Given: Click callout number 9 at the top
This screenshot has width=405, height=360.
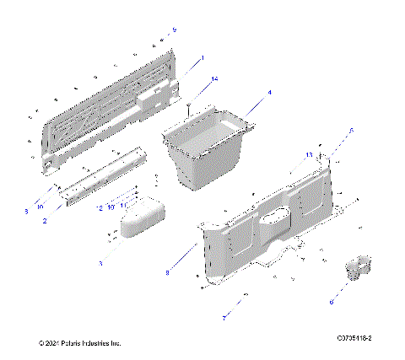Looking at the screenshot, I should [174, 30].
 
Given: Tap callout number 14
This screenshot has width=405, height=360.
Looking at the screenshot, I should [214, 78].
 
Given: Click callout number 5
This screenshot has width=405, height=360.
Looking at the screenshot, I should [352, 131].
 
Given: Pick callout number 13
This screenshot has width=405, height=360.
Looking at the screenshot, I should [310, 155].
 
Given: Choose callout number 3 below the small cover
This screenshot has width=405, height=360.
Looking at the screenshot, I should [100, 264].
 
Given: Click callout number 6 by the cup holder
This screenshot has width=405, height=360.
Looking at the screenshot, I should [332, 301].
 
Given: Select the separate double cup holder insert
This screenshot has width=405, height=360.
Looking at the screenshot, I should [354, 268].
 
